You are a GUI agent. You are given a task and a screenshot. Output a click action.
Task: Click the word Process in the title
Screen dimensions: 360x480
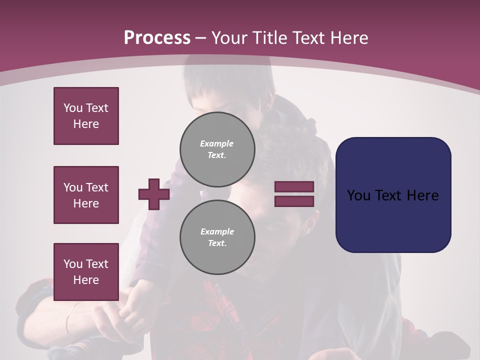157,38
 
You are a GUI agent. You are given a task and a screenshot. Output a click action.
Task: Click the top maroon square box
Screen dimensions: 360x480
86,116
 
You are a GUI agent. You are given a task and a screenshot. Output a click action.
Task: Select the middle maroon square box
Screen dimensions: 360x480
86,195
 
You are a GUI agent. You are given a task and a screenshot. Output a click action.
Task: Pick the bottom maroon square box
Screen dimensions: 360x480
86,271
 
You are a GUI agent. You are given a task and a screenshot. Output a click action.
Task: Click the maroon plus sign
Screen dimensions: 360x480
154,194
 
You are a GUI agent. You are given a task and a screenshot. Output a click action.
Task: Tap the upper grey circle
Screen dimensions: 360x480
217,149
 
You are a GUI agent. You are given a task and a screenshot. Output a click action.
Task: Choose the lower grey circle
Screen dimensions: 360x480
217,237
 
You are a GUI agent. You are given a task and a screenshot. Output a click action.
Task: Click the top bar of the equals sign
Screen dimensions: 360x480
294,186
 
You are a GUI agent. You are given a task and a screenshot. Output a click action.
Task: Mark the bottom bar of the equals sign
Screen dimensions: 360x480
294,201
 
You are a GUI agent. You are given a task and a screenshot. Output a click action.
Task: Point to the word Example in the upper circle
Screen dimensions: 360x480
217,143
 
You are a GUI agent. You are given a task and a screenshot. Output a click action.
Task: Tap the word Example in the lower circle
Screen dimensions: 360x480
217,231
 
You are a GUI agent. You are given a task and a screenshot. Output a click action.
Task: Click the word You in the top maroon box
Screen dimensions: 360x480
73,108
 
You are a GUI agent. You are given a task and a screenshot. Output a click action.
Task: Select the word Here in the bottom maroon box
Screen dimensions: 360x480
86,280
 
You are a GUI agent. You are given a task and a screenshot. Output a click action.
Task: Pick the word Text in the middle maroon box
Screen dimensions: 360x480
96,187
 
